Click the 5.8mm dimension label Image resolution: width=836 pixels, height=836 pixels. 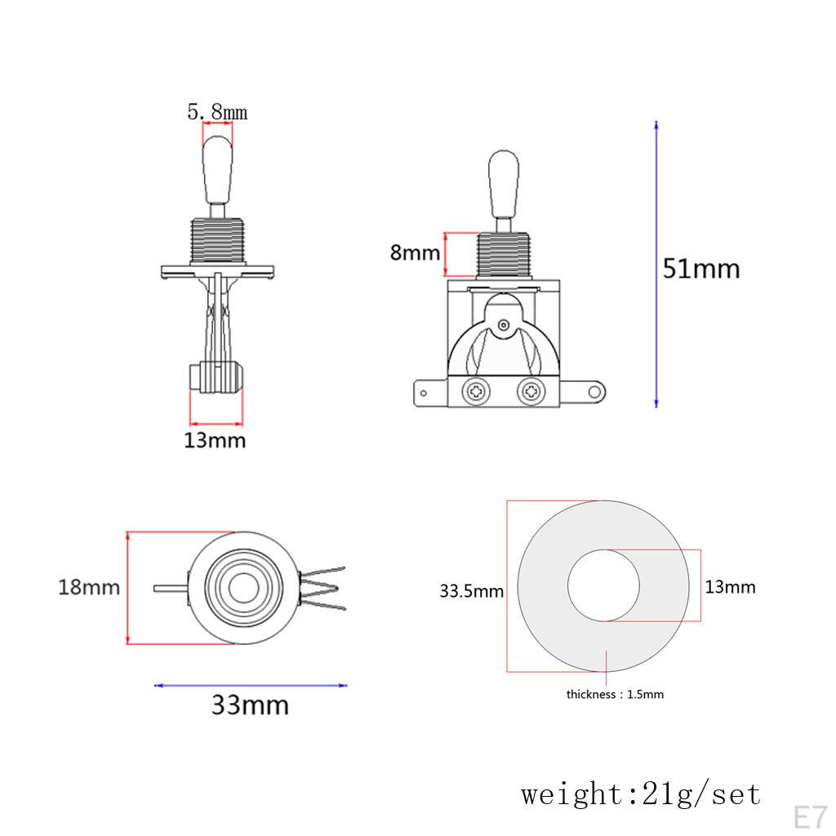click(x=217, y=111)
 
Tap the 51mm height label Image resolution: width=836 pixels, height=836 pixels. click(x=700, y=269)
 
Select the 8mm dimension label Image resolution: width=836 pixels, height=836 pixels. click(x=415, y=252)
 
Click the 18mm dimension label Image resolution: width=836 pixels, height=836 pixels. click(x=88, y=587)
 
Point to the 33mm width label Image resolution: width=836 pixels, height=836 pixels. click(x=250, y=705)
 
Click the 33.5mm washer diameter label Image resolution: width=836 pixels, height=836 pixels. click(x=471, y=591)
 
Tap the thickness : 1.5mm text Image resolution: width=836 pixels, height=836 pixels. click(x=615, y=695)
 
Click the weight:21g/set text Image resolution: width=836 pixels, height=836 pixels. click(x=641, y=794)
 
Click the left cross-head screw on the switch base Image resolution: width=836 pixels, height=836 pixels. click(x=474, y=393)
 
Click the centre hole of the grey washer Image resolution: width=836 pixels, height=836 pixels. click(x=604, y=585)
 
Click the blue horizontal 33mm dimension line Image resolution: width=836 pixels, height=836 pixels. click(x=250, y=685)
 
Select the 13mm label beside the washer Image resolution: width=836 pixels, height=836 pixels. click(x=730, y=587)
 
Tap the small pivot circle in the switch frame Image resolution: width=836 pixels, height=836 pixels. click(x=504, y=325)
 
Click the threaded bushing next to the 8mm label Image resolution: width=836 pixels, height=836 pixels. click(x=504, y=255)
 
